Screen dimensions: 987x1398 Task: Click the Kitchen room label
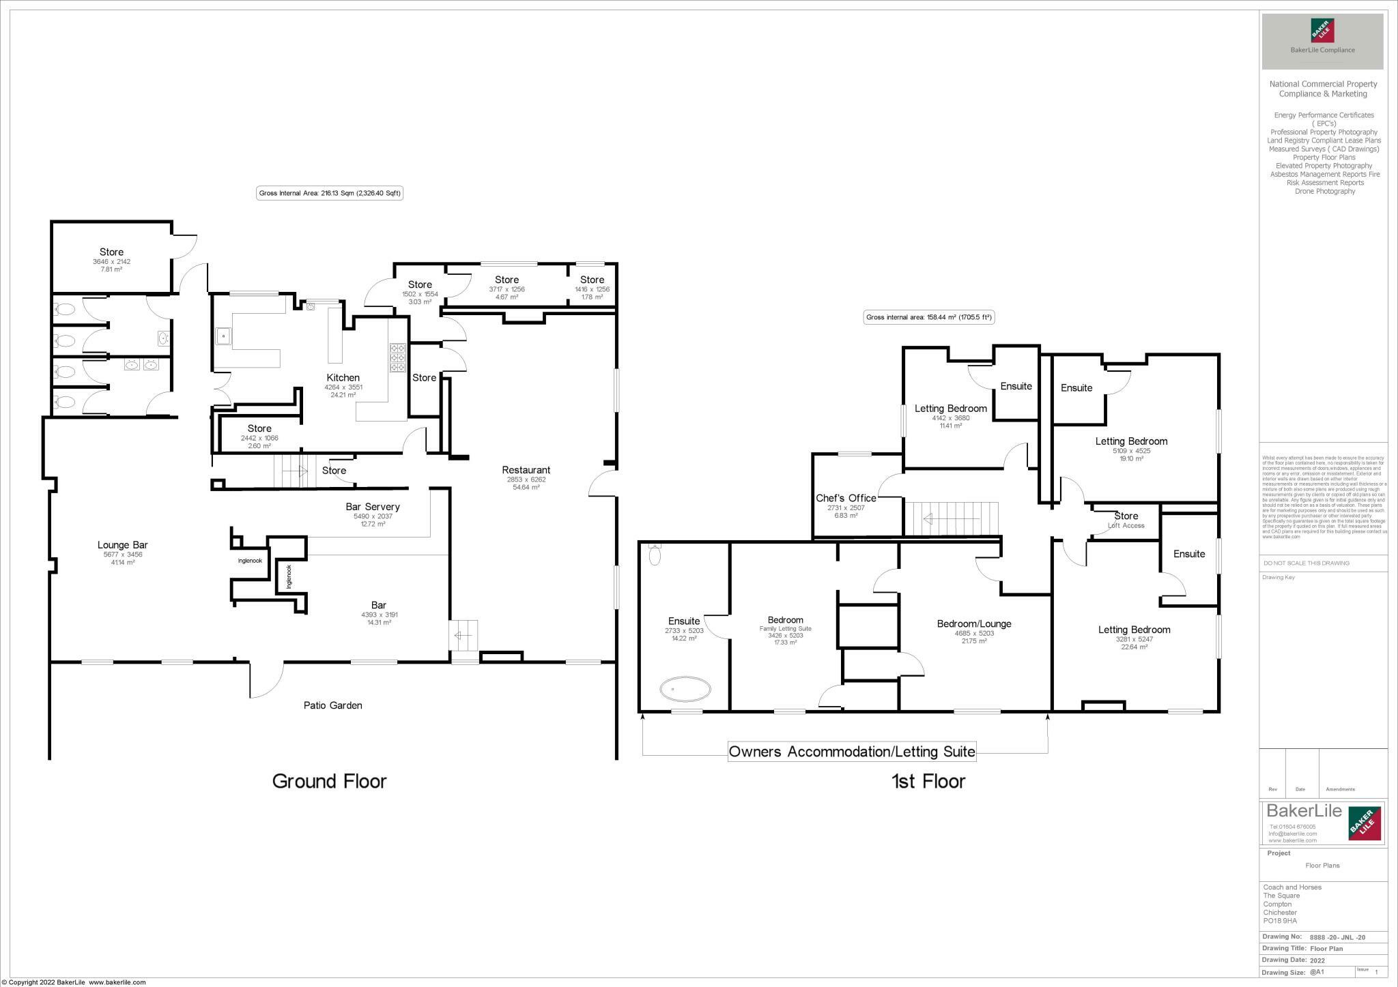(343, 378)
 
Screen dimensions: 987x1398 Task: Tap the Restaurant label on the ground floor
(526, 470)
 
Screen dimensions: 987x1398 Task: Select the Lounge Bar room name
(122, 545)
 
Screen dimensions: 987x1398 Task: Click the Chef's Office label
(846, 498)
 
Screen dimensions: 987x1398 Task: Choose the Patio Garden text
(332, 705)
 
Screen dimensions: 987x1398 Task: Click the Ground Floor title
(329, 781)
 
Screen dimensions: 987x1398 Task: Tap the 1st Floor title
(928, 781)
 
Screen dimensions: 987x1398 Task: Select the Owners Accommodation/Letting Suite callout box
(852, 752)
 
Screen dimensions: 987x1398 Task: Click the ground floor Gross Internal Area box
(330, 193)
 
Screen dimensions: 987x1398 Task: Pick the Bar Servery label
(372, 507)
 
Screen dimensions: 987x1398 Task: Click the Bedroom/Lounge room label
(973, 623)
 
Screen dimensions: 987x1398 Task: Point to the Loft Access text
(1126, 525)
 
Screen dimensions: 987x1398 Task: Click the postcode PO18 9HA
(1280, 921)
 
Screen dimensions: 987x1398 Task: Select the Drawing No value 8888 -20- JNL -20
(1339, 937)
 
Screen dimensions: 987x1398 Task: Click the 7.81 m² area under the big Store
(111, 269)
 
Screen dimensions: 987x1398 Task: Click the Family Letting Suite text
(785, 628)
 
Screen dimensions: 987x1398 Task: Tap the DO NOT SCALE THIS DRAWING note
(1306, 563)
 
